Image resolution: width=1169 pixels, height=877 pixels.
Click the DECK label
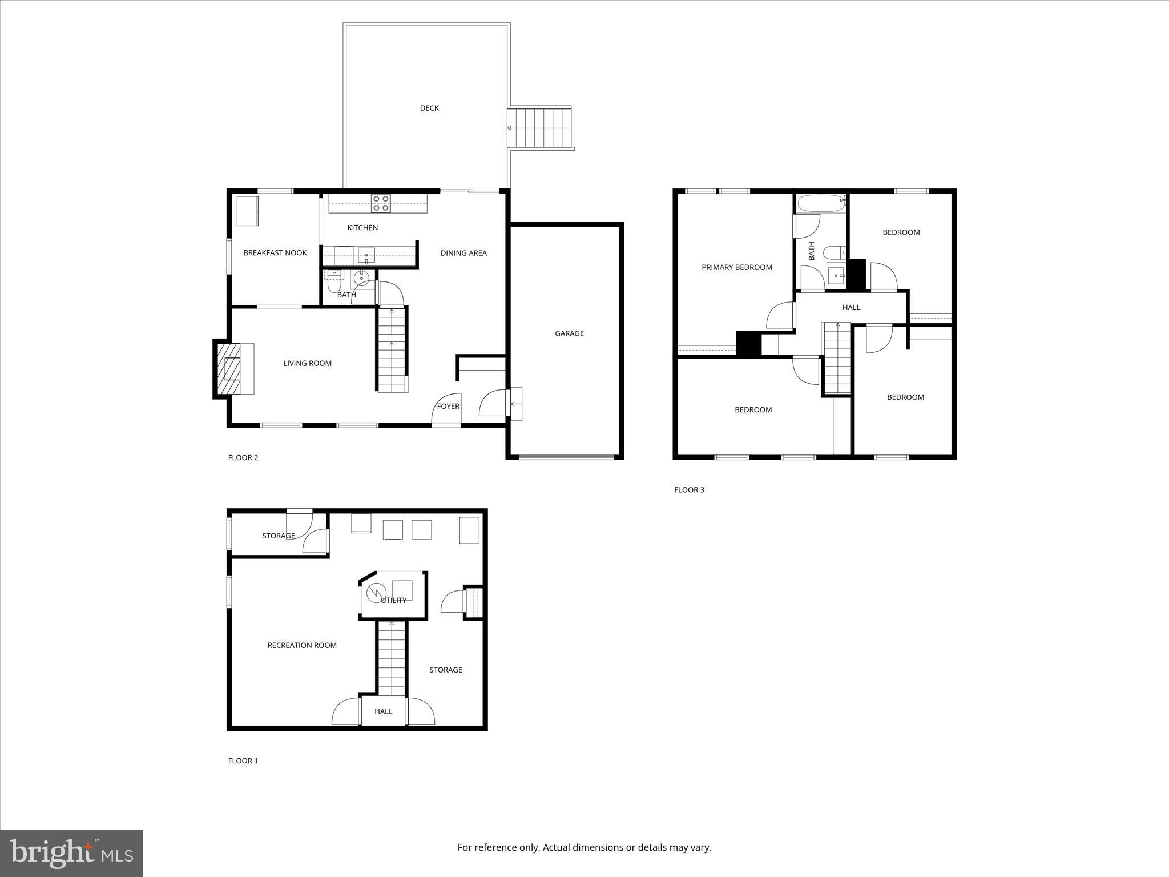pos(429,108)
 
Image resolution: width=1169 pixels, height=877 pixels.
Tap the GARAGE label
pos(569,333)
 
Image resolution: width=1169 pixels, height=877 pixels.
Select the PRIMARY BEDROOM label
pos(736,267)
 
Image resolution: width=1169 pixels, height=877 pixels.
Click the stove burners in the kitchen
pos(381,203)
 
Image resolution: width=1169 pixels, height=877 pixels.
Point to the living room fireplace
pos(232,368)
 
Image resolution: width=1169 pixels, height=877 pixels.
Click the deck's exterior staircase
pos(540,128)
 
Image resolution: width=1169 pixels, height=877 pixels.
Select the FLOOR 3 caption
pos(689,490)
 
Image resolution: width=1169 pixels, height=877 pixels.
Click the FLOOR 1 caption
pos(243,761)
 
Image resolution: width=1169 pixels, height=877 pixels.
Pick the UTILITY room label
pos(394,600)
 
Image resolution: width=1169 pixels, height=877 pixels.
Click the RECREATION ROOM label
pos(302,645)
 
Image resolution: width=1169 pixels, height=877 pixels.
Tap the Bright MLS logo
pos(71,853)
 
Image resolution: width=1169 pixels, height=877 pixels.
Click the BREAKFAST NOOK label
pos(275,252)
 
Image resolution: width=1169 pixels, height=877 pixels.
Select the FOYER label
pos(448,406)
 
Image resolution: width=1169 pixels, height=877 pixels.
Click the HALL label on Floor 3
pos(851,307)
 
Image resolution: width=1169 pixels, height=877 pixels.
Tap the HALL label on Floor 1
pos(384,711)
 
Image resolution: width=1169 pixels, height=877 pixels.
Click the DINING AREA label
pos(463,253)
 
